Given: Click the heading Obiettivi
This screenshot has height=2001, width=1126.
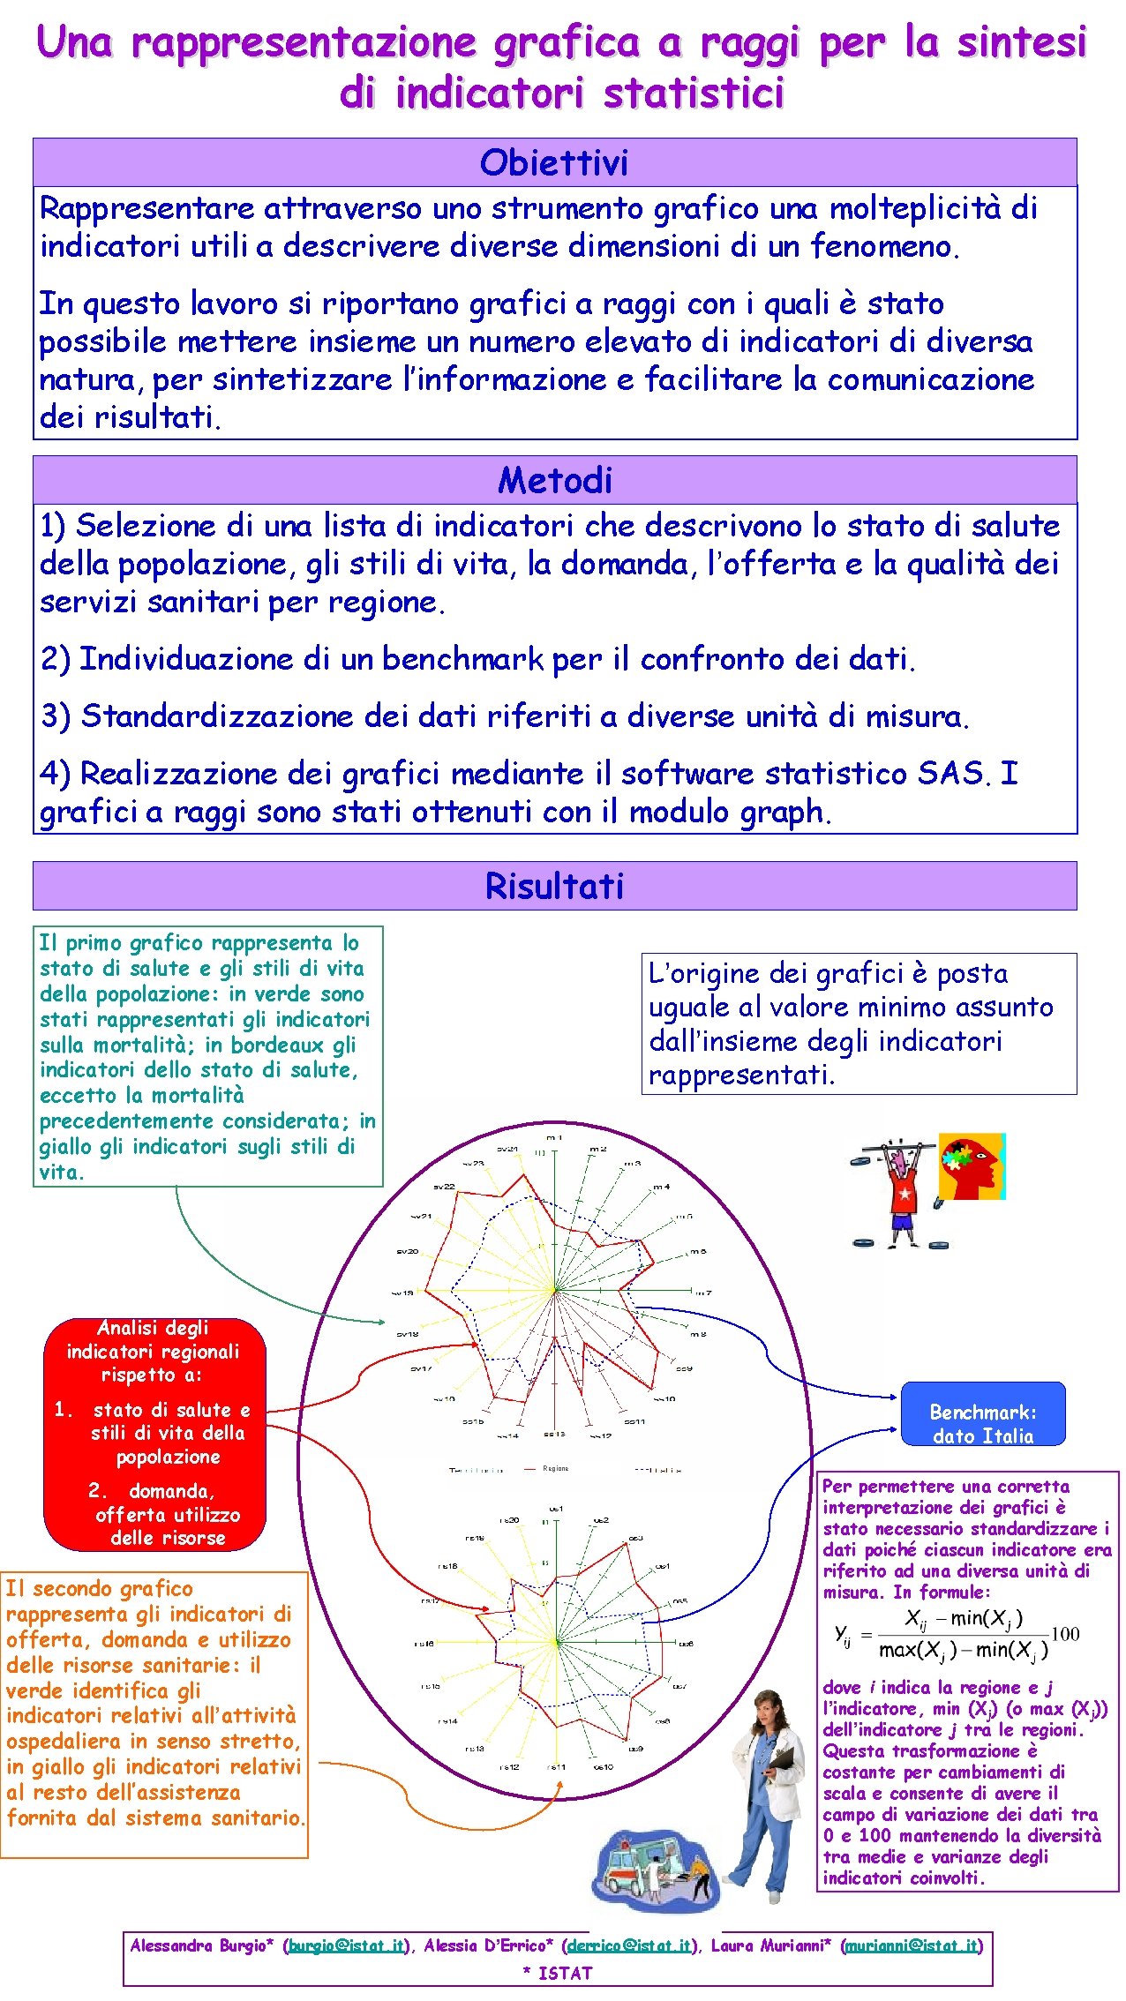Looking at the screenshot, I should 554,162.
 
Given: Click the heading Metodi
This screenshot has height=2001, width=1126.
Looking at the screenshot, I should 554,480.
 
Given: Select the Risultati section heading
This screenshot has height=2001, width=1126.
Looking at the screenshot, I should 554,886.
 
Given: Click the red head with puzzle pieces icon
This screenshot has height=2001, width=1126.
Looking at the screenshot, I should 971,1166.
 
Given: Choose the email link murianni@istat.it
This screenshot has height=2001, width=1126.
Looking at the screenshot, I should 911,1945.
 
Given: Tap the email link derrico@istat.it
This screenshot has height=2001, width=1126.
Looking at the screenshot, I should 628,1945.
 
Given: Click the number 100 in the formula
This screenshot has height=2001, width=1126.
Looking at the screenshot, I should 1065,1633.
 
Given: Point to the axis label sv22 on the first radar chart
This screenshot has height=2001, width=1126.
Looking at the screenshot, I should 444,1187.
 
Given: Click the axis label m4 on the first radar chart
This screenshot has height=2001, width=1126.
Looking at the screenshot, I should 661,1187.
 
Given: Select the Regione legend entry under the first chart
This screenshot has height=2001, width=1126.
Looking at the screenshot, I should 555,1469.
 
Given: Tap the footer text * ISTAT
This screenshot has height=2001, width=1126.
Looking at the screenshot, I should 557,1973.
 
